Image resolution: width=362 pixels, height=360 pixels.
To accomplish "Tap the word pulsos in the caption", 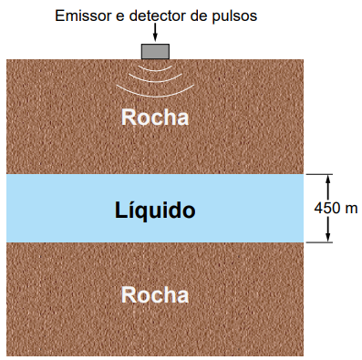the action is tap(234, 16).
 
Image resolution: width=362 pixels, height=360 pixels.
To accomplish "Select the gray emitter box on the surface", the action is tap(155, 51).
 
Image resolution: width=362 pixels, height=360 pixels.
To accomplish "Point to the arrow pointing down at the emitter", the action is tap(155, 32).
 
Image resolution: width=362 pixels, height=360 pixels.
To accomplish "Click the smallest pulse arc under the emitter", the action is tap(155, 69).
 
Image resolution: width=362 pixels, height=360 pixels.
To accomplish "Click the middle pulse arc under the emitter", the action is tap(155, 81).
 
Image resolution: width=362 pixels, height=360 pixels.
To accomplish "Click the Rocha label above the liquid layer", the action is tap(155, 118).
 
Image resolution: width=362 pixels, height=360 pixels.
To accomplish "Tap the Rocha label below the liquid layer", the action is tap(155, 295).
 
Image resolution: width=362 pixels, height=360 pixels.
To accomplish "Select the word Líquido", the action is tap(155, 211).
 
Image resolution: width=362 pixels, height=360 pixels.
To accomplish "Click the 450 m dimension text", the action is tap(336, 209).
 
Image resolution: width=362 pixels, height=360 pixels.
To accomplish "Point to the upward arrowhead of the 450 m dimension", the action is tap(327, 180).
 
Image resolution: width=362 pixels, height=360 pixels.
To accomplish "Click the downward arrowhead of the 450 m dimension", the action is tap(327, 238).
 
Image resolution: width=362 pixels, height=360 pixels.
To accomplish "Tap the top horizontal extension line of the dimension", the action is tap(319, 174).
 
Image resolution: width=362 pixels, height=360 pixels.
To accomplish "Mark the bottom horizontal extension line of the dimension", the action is tap(319, 242).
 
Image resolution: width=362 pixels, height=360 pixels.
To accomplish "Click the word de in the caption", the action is tap(199, 15).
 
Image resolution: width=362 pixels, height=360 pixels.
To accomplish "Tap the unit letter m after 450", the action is tap(352, 210).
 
